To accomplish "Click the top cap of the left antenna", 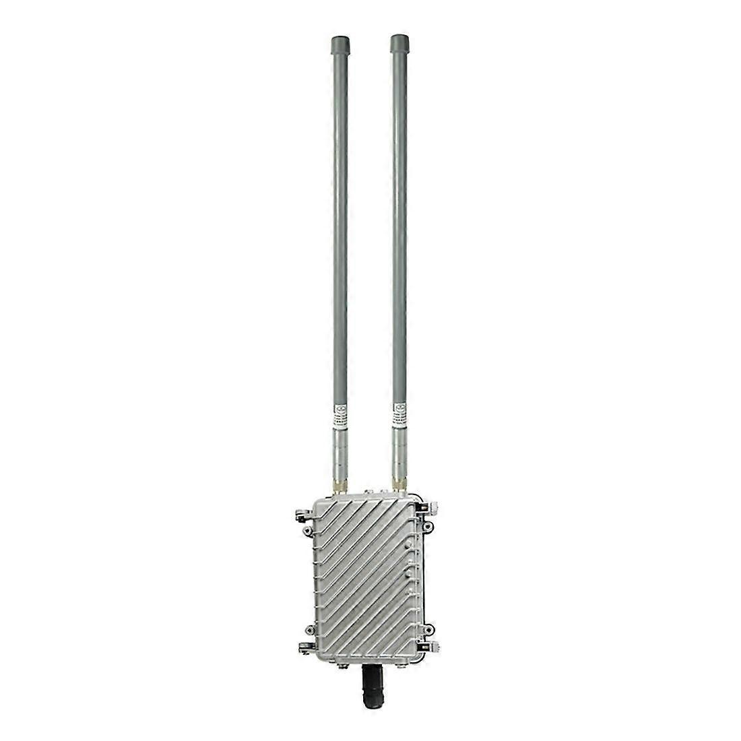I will click(x=341, y=47).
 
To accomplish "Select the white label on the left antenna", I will click(x=341, y=413).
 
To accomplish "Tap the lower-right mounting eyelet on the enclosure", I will click(x=429, y=632).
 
